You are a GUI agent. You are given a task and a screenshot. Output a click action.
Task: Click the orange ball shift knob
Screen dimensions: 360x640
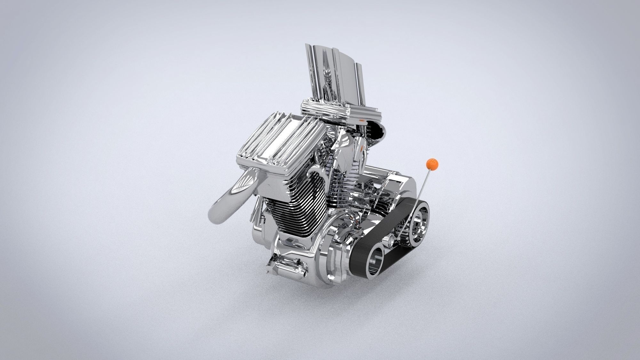[431, 164]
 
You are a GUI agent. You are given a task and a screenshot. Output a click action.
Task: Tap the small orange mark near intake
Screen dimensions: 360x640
[362, 121]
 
